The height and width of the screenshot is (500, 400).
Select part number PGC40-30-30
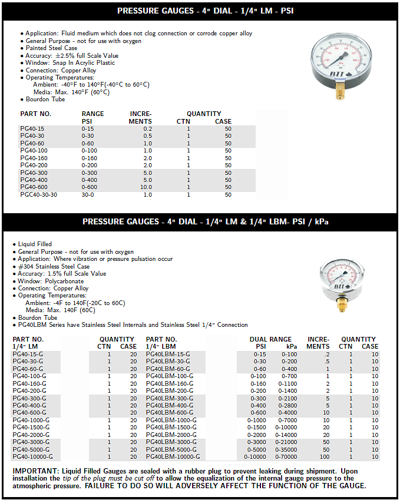pyautogui.click(x=38, y=194)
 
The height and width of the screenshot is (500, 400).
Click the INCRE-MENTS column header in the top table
pyautogui.click(x=141, y=117)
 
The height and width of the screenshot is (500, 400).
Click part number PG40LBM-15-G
pyautogui.click(x=168, y=354)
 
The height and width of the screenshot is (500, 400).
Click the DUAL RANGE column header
pyautogui.click(x=270, y=339)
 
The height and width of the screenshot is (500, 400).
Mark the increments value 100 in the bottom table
pyautogui.click(x=325, y=456)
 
